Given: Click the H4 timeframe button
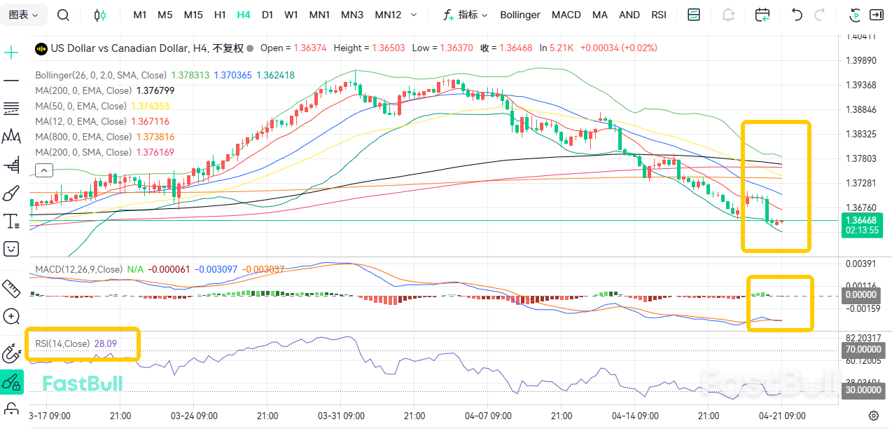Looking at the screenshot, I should coord(244,15).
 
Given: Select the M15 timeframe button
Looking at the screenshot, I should coord(193,15).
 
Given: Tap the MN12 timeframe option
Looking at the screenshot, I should coord(388,15).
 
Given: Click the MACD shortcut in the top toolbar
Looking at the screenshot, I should coord(566,15).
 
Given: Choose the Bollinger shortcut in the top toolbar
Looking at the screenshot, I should coord(520,15).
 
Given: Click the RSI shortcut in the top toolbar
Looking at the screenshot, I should coord(658,15).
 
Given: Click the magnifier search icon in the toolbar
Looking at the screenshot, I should coord(63,15).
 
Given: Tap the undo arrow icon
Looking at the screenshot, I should coord(796,15).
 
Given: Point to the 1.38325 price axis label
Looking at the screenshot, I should coord(862,134).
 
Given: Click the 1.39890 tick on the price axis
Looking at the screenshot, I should coord(862,61).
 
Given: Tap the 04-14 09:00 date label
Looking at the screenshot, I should coord(635,416).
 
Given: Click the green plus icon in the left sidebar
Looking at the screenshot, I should coord(11,53).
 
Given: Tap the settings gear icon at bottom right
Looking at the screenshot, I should coord(874,416).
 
